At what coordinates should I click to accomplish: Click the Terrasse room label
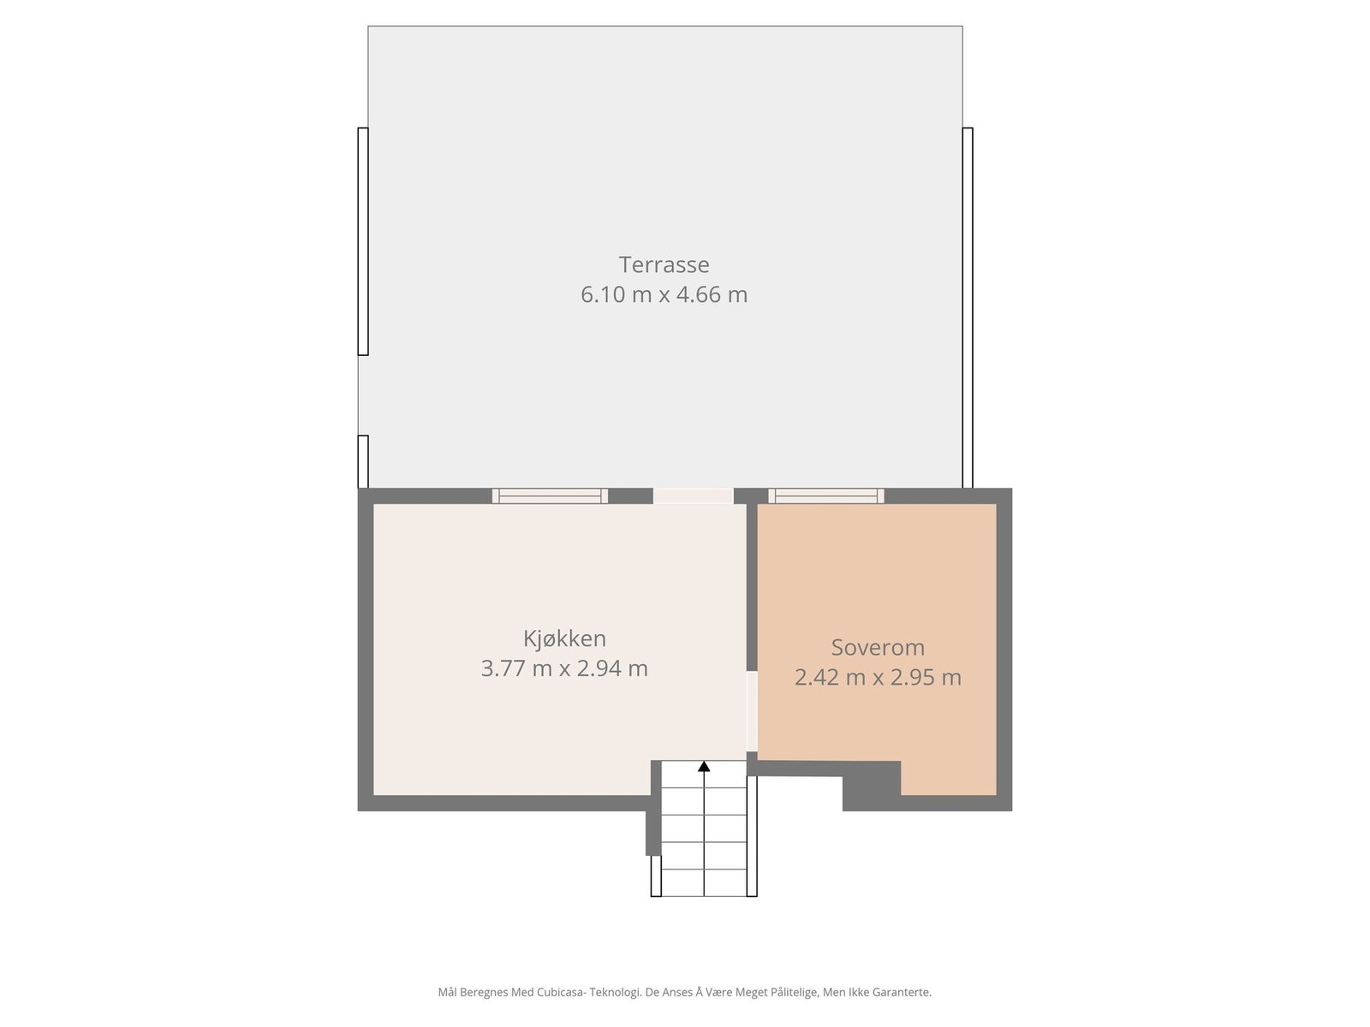[x=664, y=264]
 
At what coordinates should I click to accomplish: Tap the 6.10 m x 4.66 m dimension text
[x=664, y=294]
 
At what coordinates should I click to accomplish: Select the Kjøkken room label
[x=564, y=638]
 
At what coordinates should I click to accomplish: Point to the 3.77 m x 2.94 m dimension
[x=564, y=668]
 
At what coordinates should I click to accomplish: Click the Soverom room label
[x=878, y=648]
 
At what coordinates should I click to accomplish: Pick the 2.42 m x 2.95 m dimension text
[x=878, y=678]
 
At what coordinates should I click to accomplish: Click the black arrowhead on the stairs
[x=704, y=767]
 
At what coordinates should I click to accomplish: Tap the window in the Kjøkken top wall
[x=550, y=496]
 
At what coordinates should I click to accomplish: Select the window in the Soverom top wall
[x=826, y=496]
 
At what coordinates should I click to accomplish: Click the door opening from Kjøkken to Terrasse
[x=694, y=496]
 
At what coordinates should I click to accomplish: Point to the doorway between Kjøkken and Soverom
[x=752, y=711]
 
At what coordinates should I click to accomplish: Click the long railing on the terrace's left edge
[x=363, y=241]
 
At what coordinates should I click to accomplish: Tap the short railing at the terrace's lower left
[x=363, y=461]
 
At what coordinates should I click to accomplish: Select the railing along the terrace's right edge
[x=968, y=308]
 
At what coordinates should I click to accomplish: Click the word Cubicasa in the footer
[x=560, y=993]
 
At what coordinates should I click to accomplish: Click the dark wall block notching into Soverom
[x=872, y=785]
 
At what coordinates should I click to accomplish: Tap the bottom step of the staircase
[x=704, y=882]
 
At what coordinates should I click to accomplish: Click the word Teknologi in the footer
[x=613, y=993]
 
